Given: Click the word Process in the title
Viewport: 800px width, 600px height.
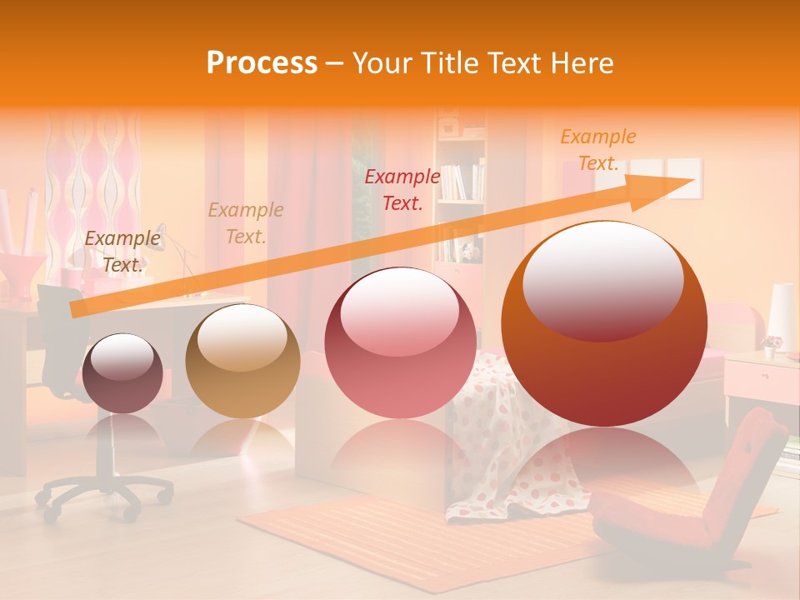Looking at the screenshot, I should [x=262, y=62].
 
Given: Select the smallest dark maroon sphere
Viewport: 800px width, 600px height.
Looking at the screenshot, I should [x=122, y=373].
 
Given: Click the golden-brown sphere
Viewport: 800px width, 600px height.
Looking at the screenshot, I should [x=242, y=361].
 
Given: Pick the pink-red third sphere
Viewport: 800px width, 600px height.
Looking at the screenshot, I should [x=401, y=343].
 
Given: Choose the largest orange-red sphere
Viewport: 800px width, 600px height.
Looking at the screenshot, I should [x=604, y=323].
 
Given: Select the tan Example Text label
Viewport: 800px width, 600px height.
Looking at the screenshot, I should [x=246, y=223].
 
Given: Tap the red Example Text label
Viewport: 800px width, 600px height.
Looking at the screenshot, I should [x=402, y=189].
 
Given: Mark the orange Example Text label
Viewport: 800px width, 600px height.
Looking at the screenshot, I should [x=597, y=150].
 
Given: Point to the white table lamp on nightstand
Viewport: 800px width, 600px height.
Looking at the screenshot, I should [x=781, y=317].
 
